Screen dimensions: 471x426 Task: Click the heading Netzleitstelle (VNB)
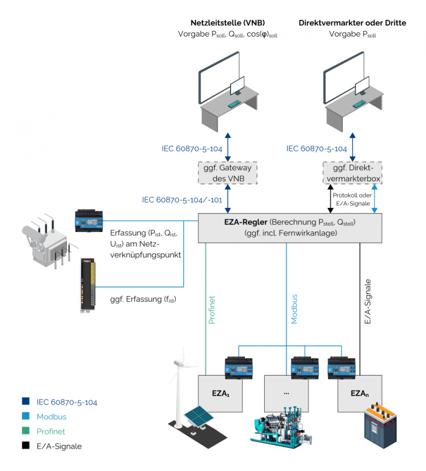point(228,23)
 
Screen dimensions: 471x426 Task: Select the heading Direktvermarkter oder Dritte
point(353,23)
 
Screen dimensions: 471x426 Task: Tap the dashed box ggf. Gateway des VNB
point(228,172)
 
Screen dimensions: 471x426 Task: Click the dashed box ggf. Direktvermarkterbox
point(352,172)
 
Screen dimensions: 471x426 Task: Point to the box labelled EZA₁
point(219,394)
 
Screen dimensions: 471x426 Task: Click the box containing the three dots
point(286,394)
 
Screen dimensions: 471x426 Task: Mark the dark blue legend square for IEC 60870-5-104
point(26,402)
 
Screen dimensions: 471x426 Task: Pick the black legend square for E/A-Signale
point(26,446)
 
